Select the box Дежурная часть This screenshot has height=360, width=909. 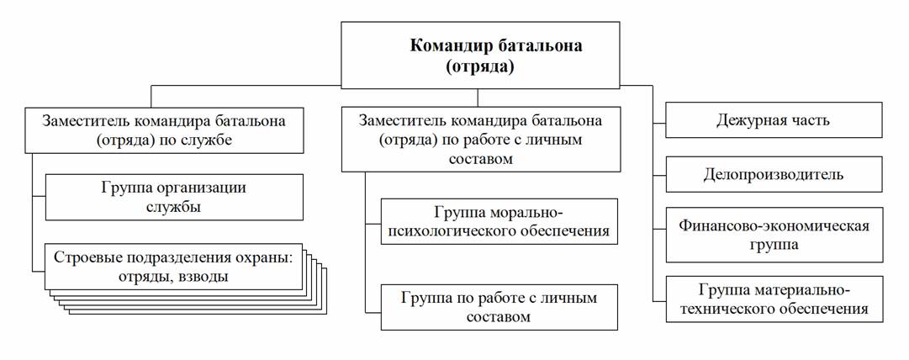coord(774,120)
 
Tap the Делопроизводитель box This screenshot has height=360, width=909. coord(774,175)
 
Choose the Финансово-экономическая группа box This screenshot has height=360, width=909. coord(774,235)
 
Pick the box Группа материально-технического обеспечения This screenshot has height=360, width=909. coord(774,299)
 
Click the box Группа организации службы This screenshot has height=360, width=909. coord(173,196)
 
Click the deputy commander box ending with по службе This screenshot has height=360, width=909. coord(163,131)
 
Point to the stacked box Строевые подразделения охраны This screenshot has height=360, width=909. coord(173,266)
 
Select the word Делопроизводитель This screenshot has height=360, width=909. coord(774,175)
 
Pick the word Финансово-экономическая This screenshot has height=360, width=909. coord(774,225)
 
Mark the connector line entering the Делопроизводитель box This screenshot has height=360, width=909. coord(659,175)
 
